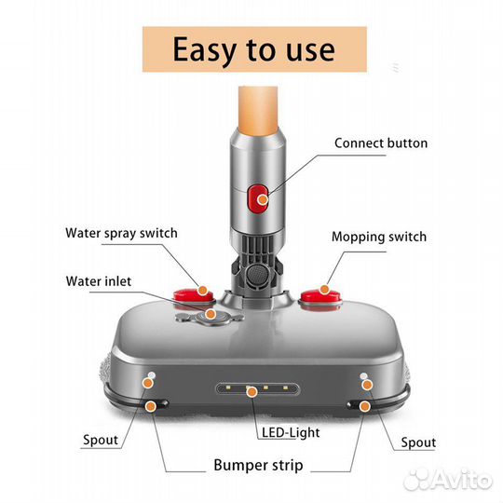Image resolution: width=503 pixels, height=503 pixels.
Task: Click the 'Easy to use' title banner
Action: pyautogui.click(x=254, y=49)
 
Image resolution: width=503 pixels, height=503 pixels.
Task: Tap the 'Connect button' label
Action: pyautogui.click(x=381, y=143)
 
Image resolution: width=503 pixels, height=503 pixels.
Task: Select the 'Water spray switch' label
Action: pyautogui.click(x=121, y=233)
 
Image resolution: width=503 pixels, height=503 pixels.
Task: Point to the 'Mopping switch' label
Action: pyautogui.click(x=379, y=237)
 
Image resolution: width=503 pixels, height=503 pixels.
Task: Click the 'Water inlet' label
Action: pyautogui.click(x=99, y=281)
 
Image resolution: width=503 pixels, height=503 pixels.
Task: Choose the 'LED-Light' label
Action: pyautogui.click(x=291, y=432)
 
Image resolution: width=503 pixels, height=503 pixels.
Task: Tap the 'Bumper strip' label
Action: pyautogui.click(x=258, y=465)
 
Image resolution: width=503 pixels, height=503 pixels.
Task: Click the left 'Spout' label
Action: pyautogui.click(x=101, y=440)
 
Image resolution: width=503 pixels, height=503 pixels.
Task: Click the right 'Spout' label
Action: pyautogui.click(x=418, y=442)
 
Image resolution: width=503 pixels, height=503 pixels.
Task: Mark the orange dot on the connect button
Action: pyautogui.click(x=263, y=199)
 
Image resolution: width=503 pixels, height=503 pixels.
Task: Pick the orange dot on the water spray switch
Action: pyautogui.click(x=203, y=291)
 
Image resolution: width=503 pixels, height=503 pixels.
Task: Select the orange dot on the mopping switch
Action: pyautogui.click(x=325, y=290)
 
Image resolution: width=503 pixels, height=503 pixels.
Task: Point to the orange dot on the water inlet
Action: pyautogui.click(x=211, y=314)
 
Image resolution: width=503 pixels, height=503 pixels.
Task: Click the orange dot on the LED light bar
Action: pyautogui.click(x=252, y=391)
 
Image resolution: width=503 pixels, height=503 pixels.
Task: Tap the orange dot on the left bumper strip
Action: pyautogui.click(x=150, y=406)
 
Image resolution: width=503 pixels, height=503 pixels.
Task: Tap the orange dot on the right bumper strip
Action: pyautogui.click(x=364, y=406)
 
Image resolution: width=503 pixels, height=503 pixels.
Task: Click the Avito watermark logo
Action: pyautogui.click(x=448, y=480)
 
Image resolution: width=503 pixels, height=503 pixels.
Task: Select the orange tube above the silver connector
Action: pyautogui.click(x=258, y=110)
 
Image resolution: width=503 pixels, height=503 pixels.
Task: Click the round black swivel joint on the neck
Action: pyautogui.click(x=257, y=274)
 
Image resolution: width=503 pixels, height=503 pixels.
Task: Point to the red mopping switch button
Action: pyautogui.click(x=320, y=297)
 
